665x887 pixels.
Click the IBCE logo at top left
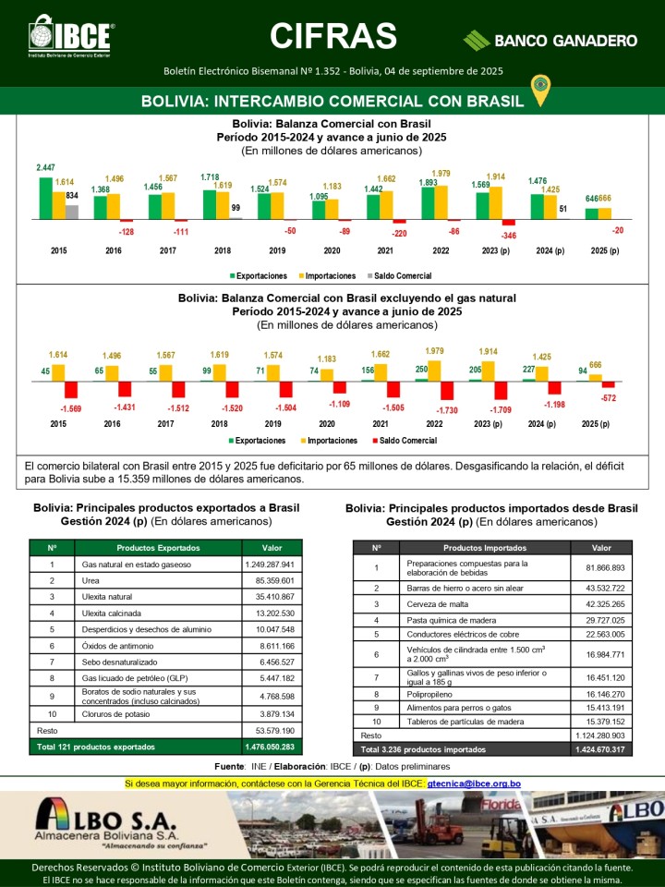tap(70, 38)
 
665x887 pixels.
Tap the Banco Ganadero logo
tap(550, 40)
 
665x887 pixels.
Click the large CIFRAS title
tap(333, 36)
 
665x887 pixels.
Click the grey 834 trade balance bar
tap(72, 212)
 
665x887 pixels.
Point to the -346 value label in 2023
tap(509, 237)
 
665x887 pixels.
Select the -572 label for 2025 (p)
tap(608, 397)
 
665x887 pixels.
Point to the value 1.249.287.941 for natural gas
tap(269, 564)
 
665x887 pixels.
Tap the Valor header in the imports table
tap(601, 547)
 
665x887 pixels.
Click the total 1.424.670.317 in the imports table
tap(601, 749)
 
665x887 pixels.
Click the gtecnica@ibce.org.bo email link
tap(474, 784)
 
